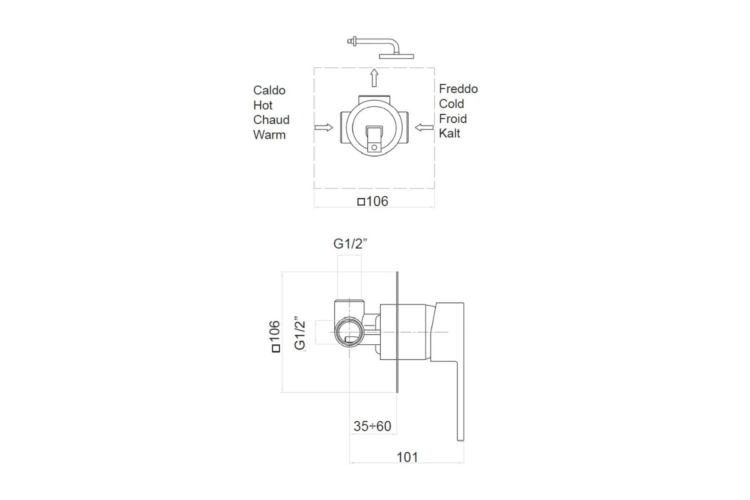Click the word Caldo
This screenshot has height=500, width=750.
tap(269, 91)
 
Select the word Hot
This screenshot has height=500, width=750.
tap(263, 105)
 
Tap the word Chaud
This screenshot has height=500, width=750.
tap(271, 120)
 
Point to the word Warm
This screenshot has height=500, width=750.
tap(269, 134)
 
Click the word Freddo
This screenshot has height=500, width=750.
tap(458, 89)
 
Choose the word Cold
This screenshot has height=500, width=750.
tap(451, 104)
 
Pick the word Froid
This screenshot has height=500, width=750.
tap(452, 119)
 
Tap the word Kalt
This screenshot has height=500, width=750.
tap(449, 133)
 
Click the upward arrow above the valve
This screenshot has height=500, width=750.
tap(374, 77)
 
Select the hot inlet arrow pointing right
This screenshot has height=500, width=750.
tap(324, 127)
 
